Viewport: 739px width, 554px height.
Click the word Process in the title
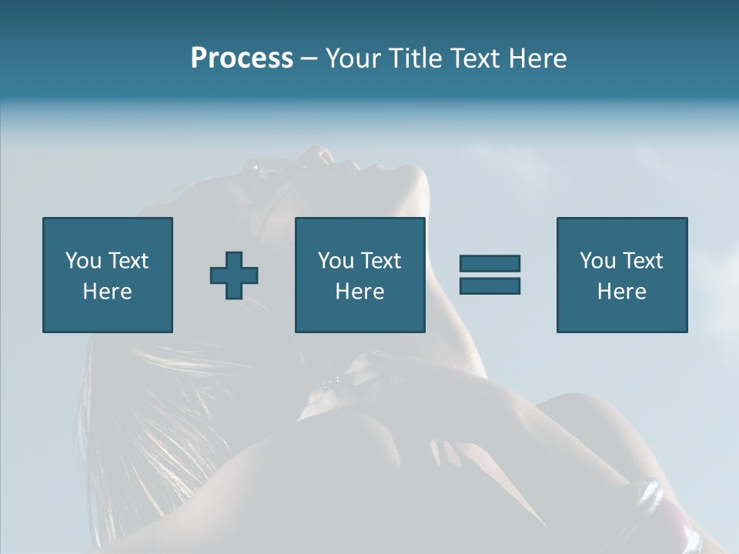pyautogui.click(x=242, y=58)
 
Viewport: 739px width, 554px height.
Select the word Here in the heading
pyautogui.click(x=539, y=58)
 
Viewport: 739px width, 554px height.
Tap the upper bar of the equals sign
pyautogui.click(x=490, y=263)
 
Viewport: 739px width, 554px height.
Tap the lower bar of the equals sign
pyautogui.click(x=490, y=285)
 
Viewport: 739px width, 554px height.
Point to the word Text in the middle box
pyautogui.click(x=381, y=261)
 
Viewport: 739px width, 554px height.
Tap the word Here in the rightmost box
pyautogui.click(x=621, y=292)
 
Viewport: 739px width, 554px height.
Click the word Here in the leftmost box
pyautogui.click(x=107, y=292)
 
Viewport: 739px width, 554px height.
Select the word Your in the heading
pyautogui.click(x=353, y=58)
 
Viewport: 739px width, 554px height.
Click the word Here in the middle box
pyautogui.click(x=359, y=292)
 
